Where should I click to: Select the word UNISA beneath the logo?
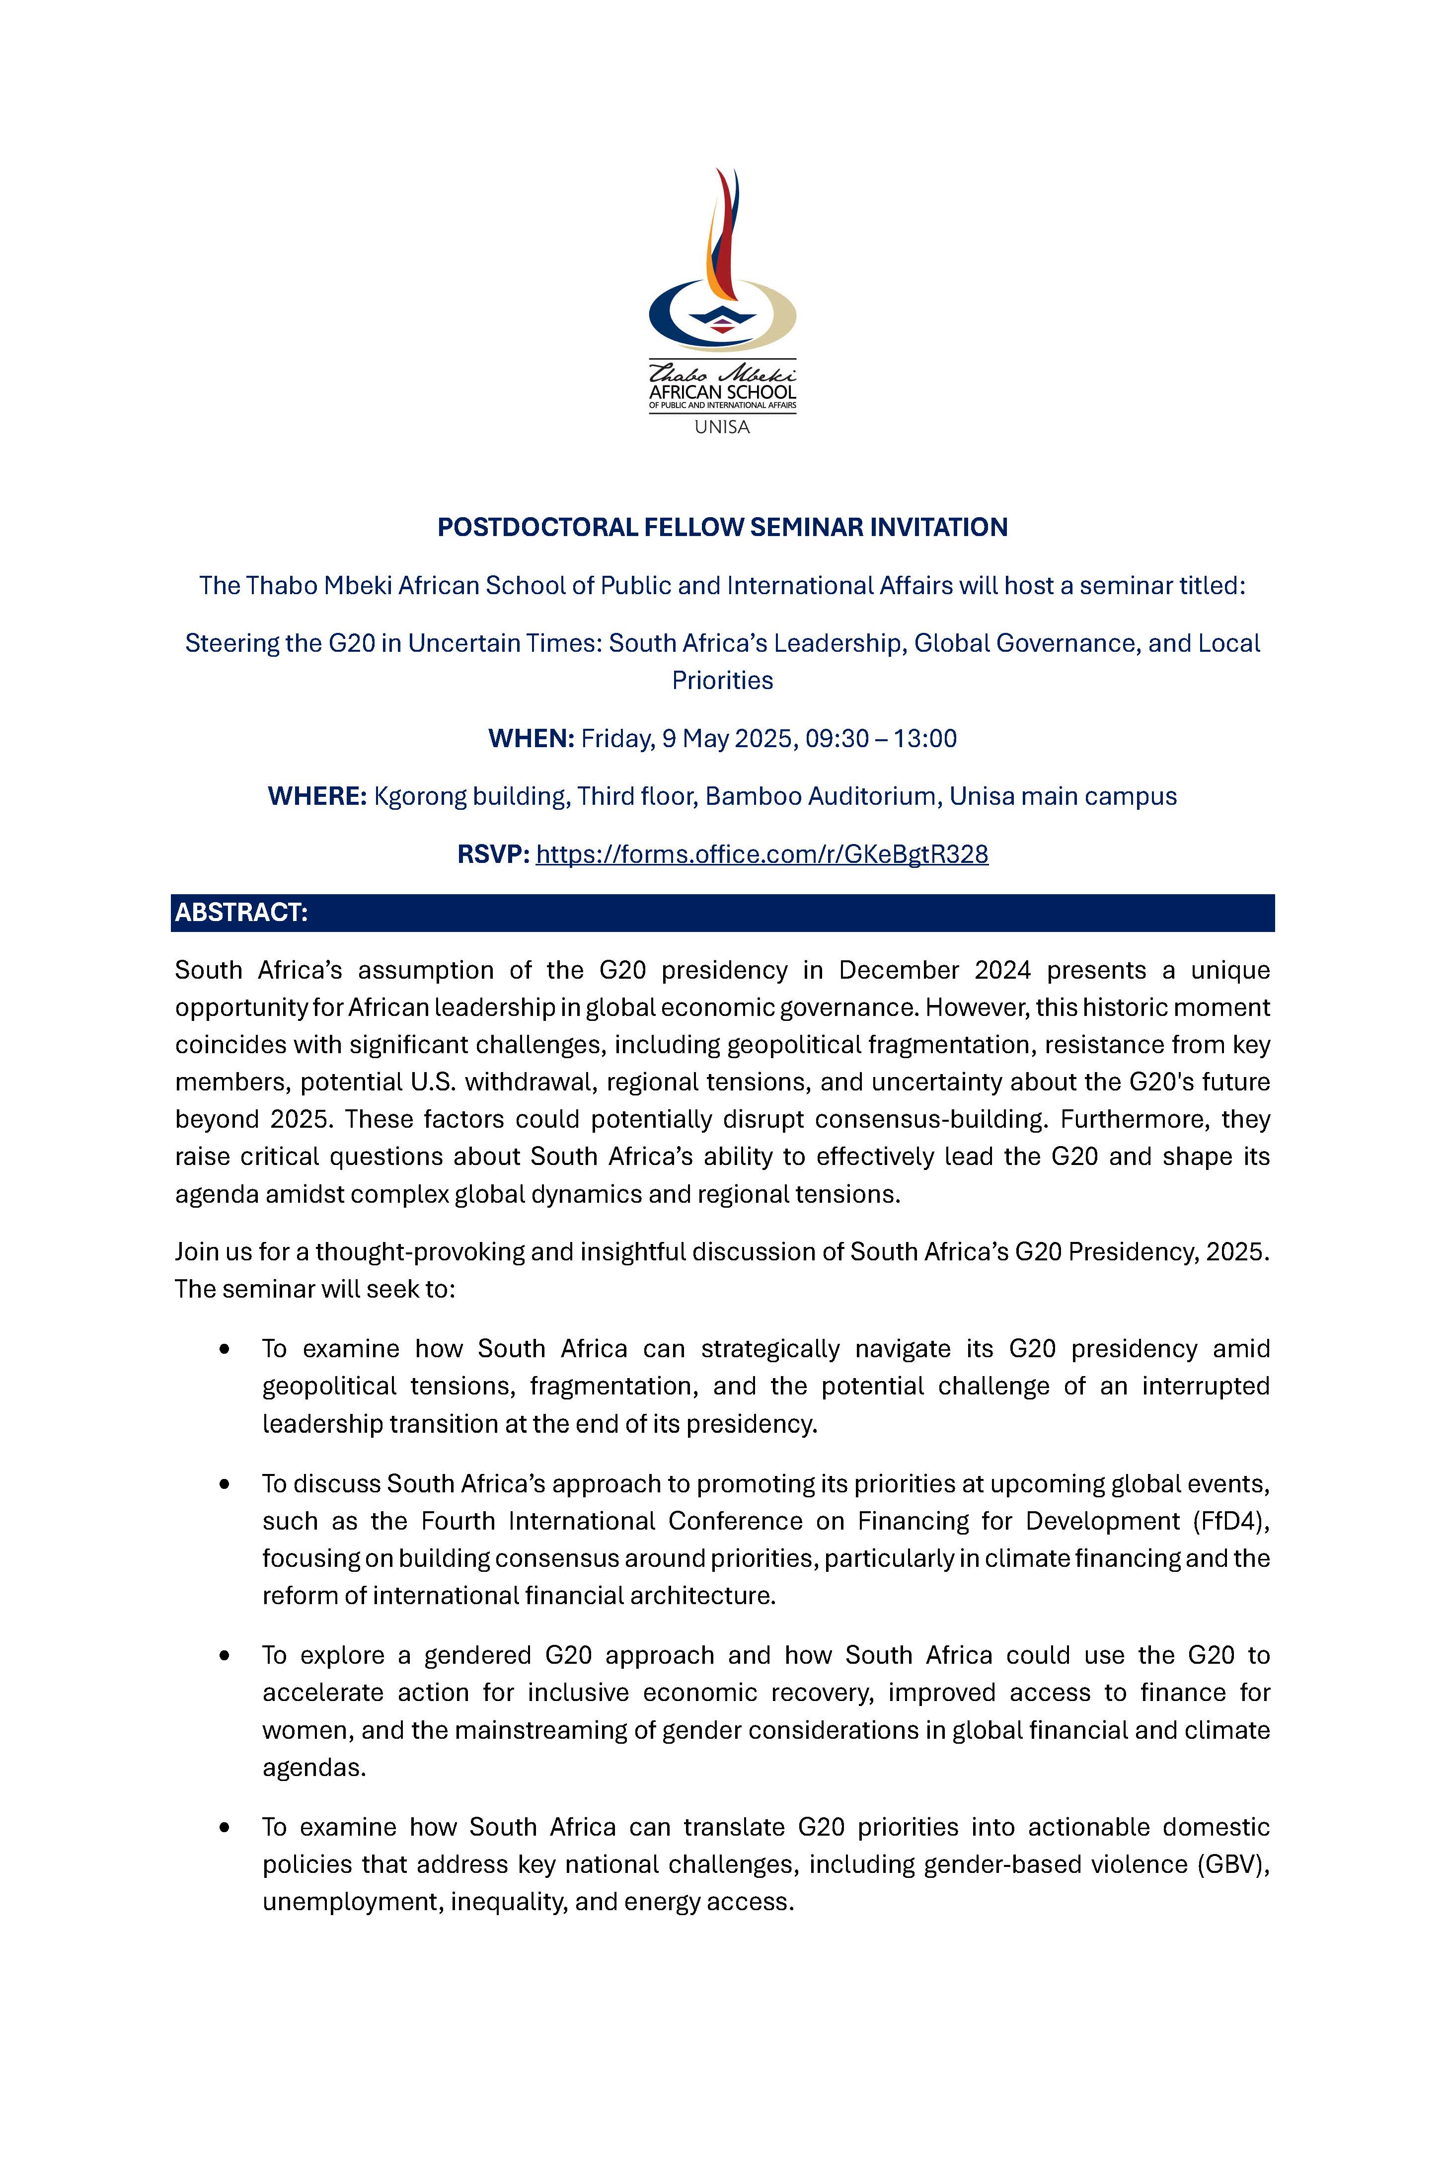(722, 427)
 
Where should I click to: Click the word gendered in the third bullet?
(478, 1655)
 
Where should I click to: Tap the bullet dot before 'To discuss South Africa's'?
(224, 1484)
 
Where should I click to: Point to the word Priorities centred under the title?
(722, 681)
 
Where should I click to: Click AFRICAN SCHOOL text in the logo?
(722, 392)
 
